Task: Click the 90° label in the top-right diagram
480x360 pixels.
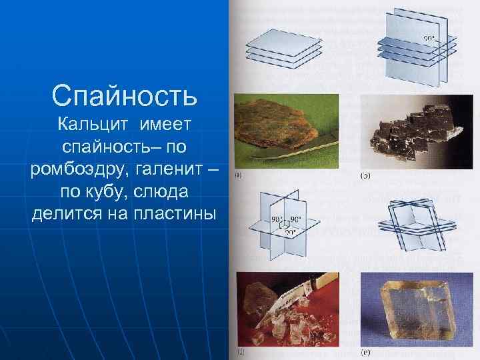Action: [x=429, y=38]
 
